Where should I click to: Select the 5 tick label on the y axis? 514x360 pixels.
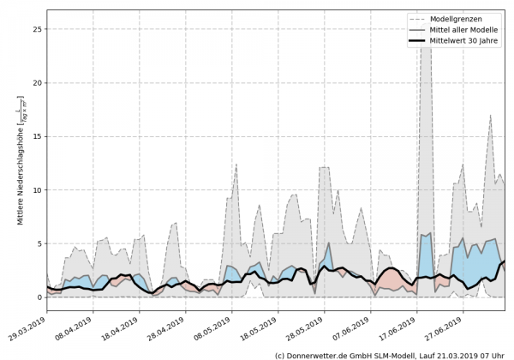[39, 243]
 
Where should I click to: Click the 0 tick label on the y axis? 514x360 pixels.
[39, 297]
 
